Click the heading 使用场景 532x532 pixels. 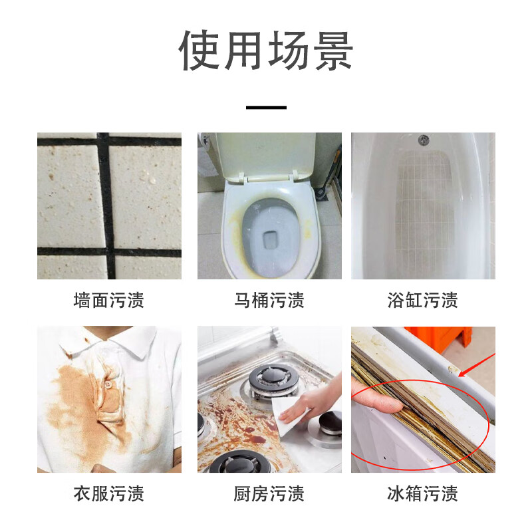266,51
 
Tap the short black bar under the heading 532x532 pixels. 267,108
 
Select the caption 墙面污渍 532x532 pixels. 109,301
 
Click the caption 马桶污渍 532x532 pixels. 269,301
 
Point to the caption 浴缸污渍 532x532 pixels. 423,301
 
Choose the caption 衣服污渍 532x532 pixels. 109,493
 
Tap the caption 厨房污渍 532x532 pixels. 269,493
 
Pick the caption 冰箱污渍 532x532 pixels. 423,493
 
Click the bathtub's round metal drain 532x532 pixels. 424,139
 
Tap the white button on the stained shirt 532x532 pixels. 108,384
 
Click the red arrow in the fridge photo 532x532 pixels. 477,365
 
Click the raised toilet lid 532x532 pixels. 265,154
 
